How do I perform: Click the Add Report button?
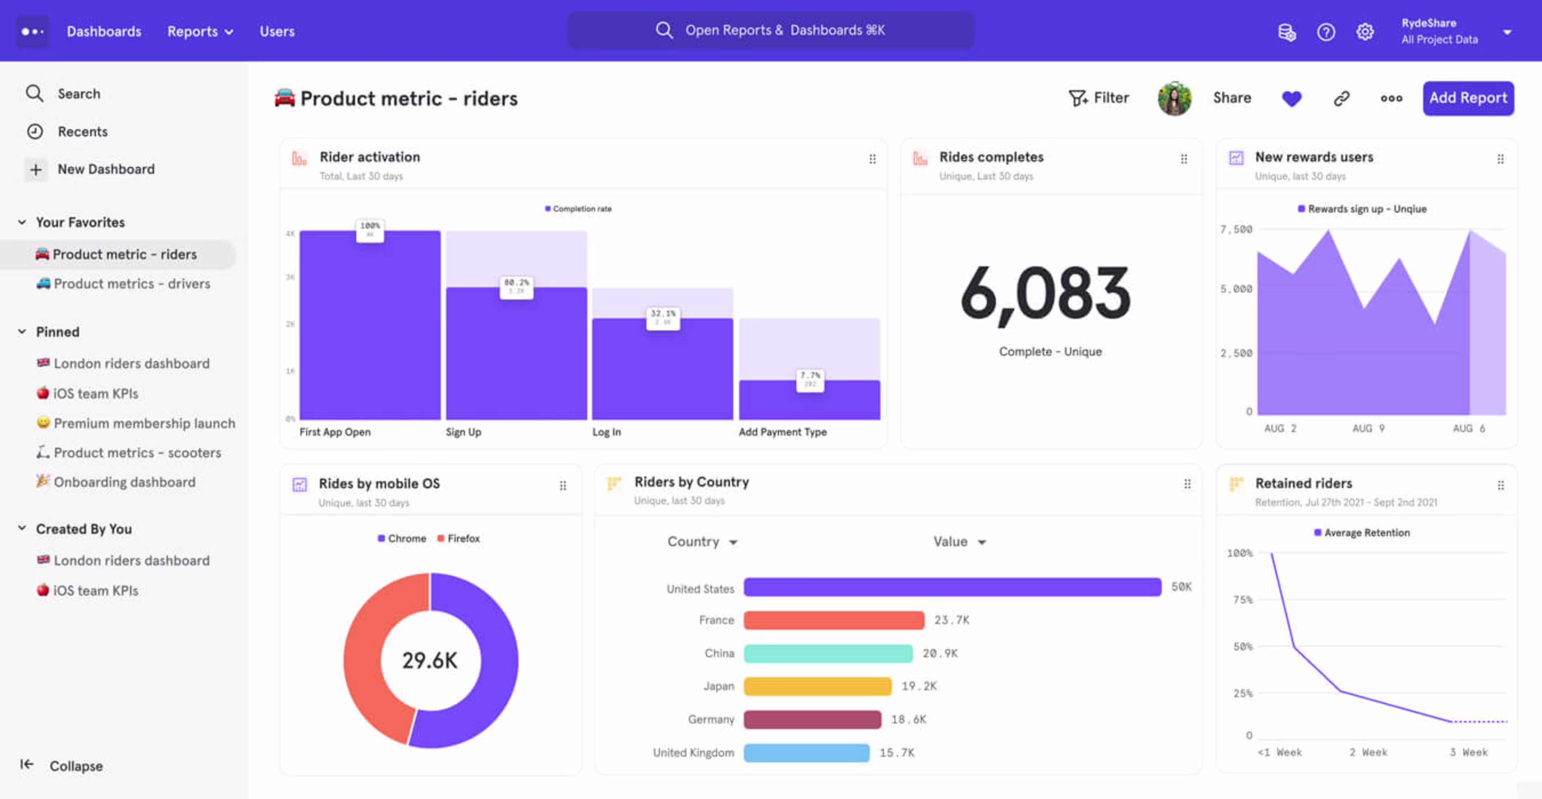click(x=1468, y=98)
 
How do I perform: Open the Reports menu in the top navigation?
click(x=199, y=32)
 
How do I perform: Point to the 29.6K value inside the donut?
click(x=430, y=661)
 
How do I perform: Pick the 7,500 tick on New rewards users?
click(x=1236, y=229)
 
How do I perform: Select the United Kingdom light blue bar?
click(x=806, y=752)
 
